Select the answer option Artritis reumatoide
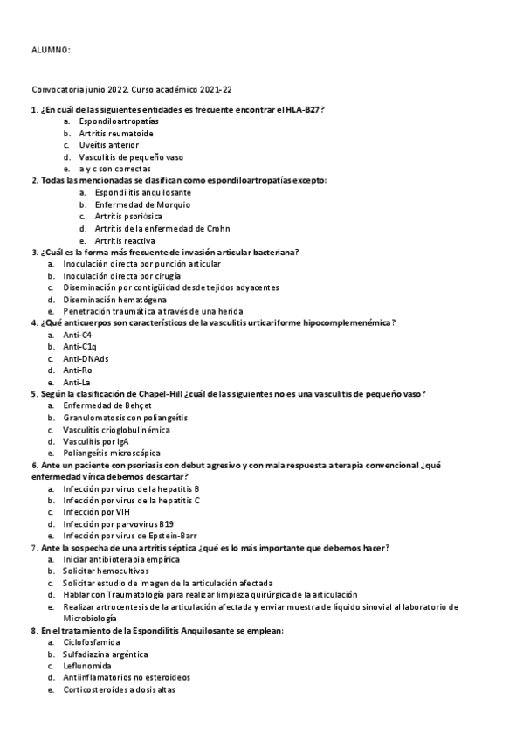[x=115, y=133]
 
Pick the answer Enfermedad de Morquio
[x=130, y=204]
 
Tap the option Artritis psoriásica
[x=128, y=216]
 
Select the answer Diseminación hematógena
[x=103, y=299]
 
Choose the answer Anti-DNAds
[x=86, y=358]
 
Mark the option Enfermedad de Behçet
[x=107, y=406]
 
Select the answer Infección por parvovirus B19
[x=118, y=523]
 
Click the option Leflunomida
[x=88, y=665]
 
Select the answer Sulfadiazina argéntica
[x=105, y=654]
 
